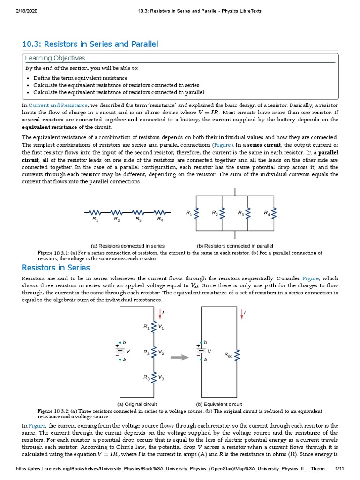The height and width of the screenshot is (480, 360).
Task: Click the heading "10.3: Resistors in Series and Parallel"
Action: (x=90, y=44)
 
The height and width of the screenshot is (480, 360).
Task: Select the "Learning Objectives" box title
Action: (x=55, y=58)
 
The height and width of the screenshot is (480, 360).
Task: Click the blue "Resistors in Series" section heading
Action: (x=56, y=268)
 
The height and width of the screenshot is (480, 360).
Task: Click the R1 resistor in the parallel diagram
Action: (x=197, y=214)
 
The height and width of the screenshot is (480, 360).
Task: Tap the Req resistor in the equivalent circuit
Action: (x=239, y=356)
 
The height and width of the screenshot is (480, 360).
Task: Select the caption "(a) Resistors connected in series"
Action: (x=127, y=245)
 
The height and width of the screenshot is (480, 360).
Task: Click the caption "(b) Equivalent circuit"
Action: (x=219, y=404)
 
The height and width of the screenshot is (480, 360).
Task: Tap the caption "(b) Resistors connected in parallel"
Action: (x=235, y=245)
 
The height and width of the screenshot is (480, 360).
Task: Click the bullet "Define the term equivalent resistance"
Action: (x=80, y=78)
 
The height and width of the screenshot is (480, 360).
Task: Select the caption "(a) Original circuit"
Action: (x=136, y=404)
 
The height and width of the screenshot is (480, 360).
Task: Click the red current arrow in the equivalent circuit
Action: (x=241, y=314)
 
